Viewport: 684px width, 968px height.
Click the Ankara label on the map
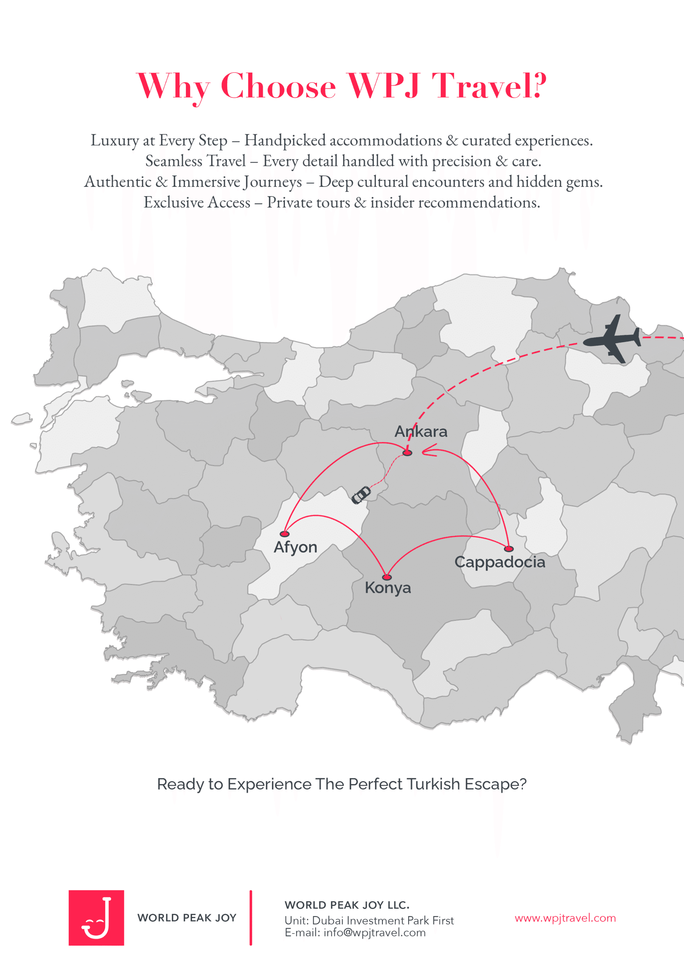(421, 431)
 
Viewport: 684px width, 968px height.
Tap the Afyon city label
(295, 547)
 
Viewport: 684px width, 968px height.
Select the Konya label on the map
(387, 587)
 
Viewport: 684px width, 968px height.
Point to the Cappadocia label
(500, 562)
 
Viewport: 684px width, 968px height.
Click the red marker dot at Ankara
(407, 453)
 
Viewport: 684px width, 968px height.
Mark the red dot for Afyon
(285, 534)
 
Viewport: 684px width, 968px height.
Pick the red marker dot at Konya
(387, 577)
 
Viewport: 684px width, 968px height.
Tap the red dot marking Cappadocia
(509, 549)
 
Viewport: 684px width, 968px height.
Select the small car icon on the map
(361, 495)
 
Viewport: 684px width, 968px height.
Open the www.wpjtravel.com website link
(565, 918)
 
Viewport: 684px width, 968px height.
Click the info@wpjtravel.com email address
(374, 932)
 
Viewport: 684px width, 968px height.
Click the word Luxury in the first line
(115, 140)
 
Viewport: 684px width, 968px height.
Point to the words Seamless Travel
(195, 161)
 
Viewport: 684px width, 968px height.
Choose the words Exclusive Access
(197, 202)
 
